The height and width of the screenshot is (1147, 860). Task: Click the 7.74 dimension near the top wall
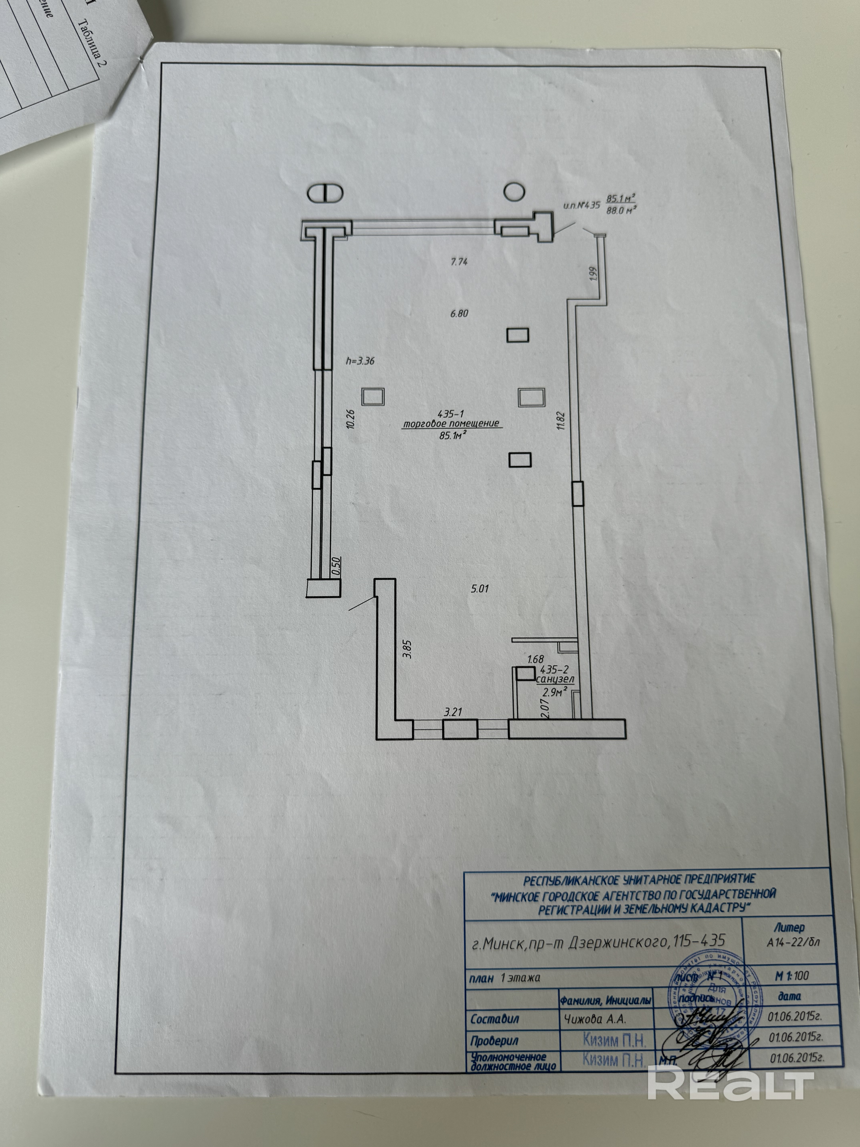click(459, 262)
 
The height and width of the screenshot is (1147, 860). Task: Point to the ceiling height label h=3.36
click(360, 361)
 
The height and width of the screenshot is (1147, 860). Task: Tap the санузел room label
click(555, 678)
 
